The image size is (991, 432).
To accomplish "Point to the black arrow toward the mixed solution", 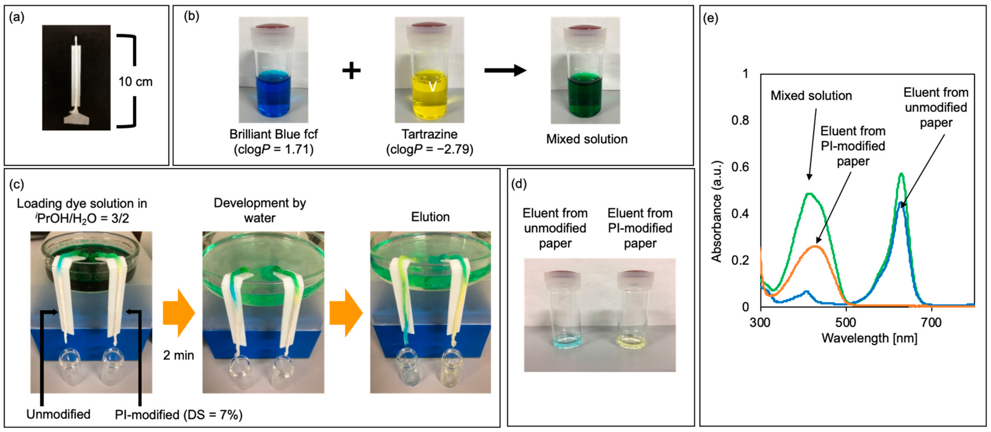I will click(x=505, y=70).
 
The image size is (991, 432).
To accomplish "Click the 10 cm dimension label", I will click(x=135, y=82).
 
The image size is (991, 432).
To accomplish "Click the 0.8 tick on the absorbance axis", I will click(x=740, y=120).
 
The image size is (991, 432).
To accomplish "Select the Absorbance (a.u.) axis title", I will click(x=716, y=212).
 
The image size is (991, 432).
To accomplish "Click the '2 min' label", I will click(x=178, y=355).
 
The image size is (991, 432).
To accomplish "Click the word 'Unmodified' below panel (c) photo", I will click(x=58, y=414).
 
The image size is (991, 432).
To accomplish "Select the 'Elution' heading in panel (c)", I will click(x=430, y=217).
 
